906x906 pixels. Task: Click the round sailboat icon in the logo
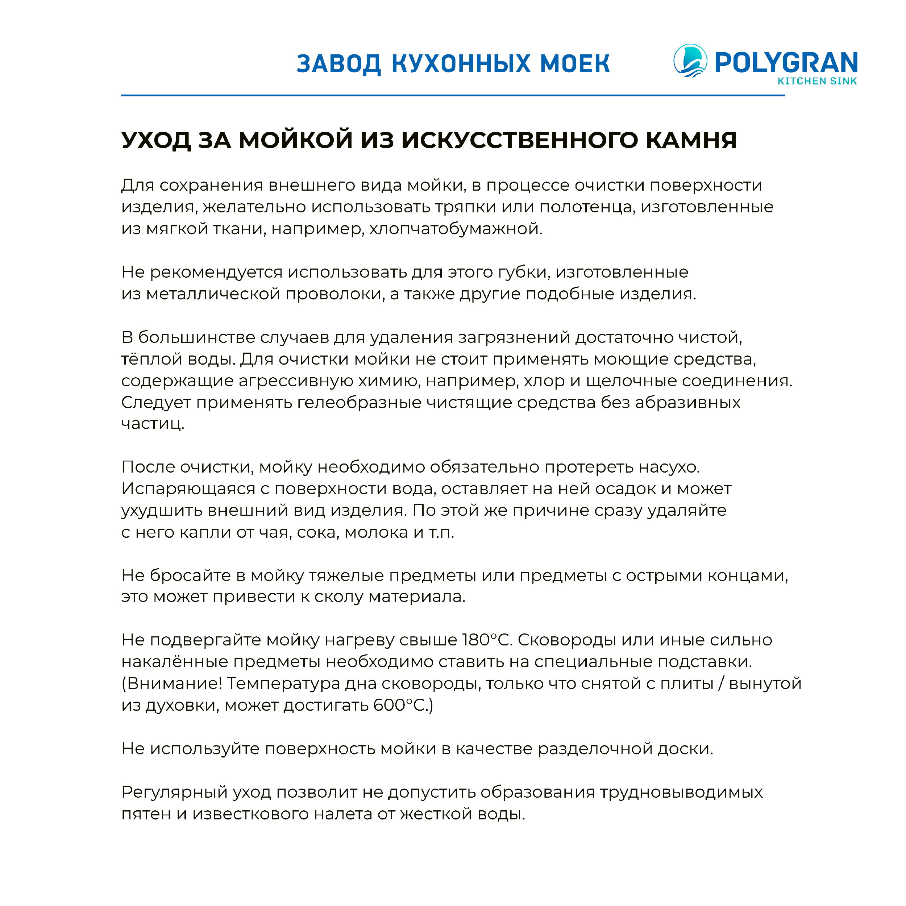point(690,61)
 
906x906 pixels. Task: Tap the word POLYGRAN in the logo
point(786,63)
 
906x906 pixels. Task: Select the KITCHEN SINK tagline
point(817,81)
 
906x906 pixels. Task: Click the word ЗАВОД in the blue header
point(338,64)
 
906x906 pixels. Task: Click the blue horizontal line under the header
point(453,95)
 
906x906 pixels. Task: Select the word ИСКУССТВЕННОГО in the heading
point(520,140)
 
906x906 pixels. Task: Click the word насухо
point(672,467)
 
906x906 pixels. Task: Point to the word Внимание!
point(172,684)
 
